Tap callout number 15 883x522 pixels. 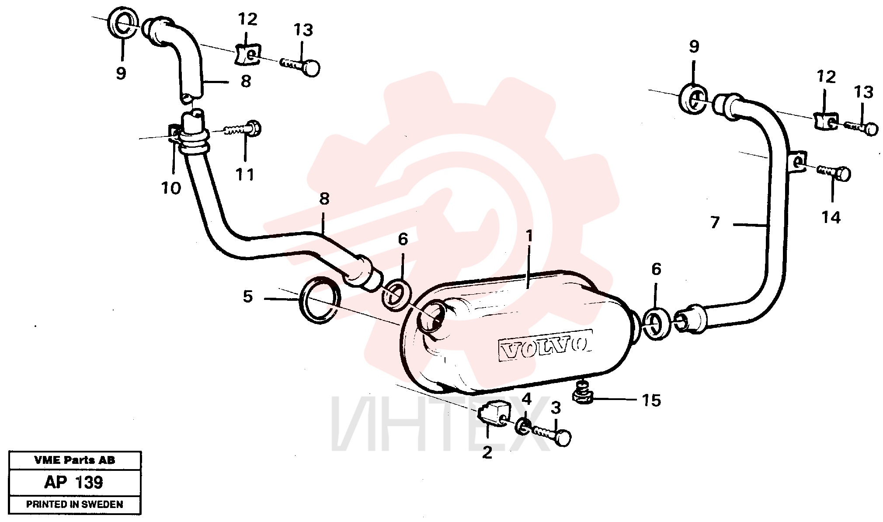pos(651,400)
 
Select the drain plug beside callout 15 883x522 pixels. pos(582,393)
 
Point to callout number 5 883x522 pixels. pos(248,297)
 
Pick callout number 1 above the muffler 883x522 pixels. pos(529,237)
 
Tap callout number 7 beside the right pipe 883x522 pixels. pos(715,223)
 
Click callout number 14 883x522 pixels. pos(831,217)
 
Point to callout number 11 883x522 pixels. pos(244,175)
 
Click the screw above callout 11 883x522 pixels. pos(242,129)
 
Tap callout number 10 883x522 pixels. pos(171,188)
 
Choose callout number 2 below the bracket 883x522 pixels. pos(487,452)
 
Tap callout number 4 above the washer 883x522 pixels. pos(527,399)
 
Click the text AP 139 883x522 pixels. pos(74,482)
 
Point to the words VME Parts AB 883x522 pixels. pos(75,460)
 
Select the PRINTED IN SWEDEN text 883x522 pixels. pos(75,504)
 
